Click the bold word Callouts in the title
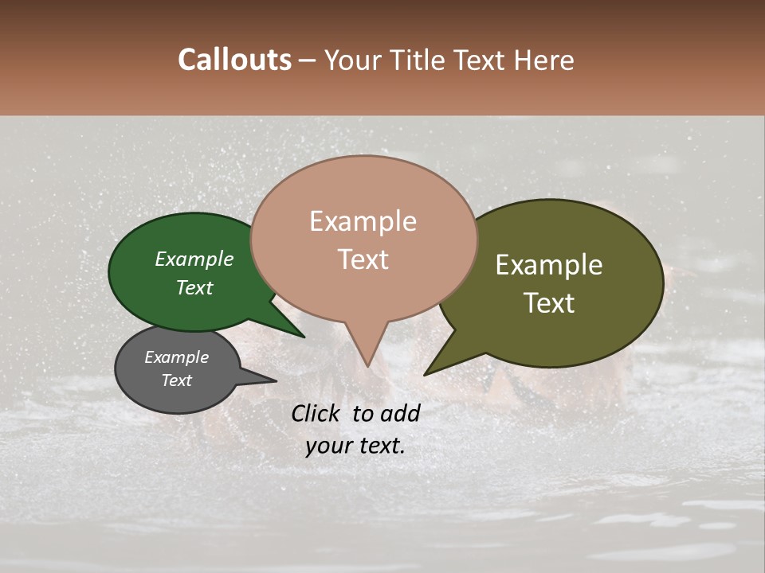pos(234,60)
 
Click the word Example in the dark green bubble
pos(194,259)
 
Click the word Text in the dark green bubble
pos(194,288)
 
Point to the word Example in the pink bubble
pos(363,221)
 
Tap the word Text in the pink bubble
pos(363,259)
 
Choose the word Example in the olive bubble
pos(549,265)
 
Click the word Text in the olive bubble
pos(549,303)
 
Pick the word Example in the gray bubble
pos(176,357)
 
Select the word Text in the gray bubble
pos(176,380)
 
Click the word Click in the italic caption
pos(316,413)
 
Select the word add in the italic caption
pos(401,413)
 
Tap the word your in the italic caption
pos(327,446)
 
